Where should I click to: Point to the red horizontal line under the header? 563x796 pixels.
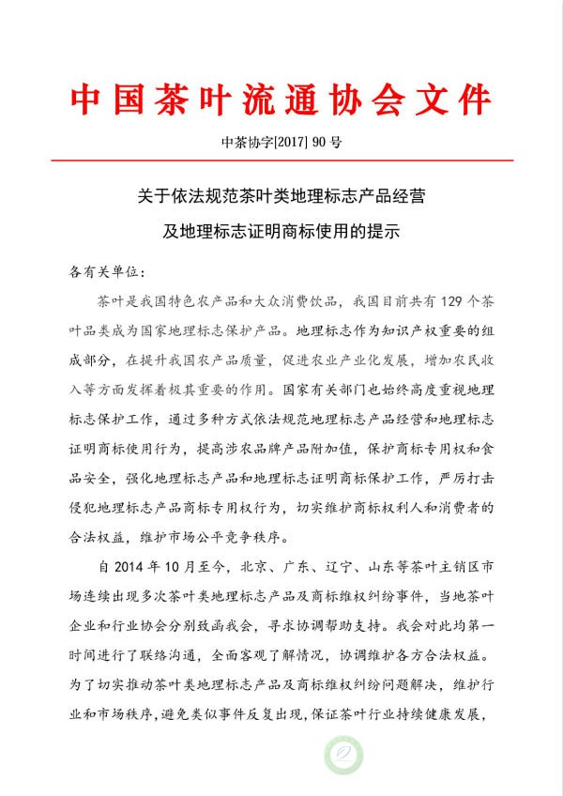(x=281, y=161)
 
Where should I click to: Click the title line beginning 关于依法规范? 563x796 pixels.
(x=281, y=198)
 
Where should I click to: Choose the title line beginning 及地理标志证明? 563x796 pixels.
(x=281, y=231)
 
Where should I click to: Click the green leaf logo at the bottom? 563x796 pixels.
(x=342, y=757)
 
